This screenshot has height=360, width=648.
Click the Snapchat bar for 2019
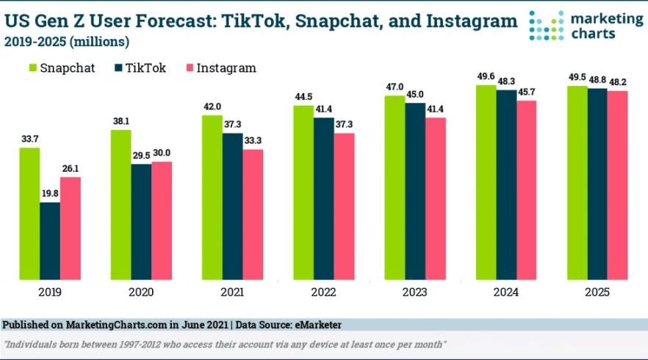[x=29, y=214]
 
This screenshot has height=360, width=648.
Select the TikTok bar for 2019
[x=50, y=241]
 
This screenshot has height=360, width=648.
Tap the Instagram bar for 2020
[x=162, y=220]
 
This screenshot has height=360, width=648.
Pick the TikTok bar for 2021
[x=233, y=206]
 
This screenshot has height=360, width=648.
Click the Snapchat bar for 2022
[x=303, y=192]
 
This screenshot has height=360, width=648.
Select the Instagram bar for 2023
[x=436, y=199]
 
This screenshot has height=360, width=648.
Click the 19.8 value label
[x=50, y=194]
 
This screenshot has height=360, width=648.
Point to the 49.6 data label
[x=486, y=76]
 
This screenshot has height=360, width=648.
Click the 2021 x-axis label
[x=232, y=292]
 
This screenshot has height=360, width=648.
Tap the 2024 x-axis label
[x=507, y=292]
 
